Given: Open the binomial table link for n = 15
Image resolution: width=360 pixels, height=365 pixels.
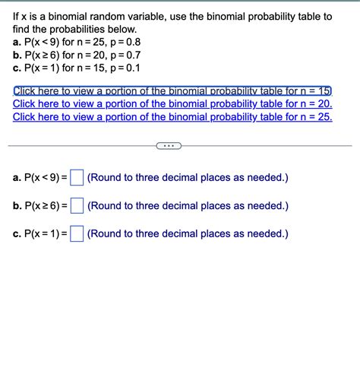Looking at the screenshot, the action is click(172, 91).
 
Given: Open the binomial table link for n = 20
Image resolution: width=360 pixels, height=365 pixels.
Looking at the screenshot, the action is click(172, 104).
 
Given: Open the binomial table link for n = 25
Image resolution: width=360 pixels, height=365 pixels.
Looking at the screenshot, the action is click(172, 117).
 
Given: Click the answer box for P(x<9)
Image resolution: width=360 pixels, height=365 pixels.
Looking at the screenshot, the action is click(77, 179).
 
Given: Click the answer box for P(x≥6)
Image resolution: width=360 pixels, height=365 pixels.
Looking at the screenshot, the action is click(77, 206).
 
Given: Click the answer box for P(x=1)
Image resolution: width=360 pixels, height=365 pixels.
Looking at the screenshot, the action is click(77, 233).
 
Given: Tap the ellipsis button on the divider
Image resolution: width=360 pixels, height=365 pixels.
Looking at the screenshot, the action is click(169, 145).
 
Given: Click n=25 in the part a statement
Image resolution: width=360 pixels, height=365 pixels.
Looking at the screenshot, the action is click(103, 43).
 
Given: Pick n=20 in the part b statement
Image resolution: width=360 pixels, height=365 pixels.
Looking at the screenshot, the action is click(104, 56).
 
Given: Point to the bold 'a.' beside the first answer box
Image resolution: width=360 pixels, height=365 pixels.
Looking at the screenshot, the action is click(17, 179).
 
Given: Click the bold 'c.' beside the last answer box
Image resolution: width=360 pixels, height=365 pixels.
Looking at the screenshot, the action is click(17, 233).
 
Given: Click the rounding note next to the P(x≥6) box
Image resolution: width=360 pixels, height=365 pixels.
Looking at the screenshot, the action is click(188, 206).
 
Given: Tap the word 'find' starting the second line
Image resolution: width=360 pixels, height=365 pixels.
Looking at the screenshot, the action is click(23, 29).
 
